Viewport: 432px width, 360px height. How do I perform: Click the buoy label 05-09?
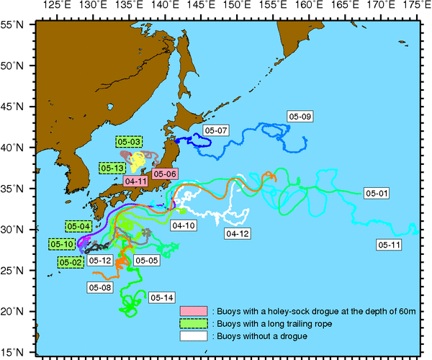click(x=300, y=116)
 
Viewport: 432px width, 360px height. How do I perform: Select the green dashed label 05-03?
click(x=128, y=142)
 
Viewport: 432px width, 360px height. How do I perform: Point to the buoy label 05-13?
click(x=113, y=168)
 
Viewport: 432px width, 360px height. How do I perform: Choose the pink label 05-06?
click(x=165, y=174)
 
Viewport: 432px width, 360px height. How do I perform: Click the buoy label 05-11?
click(x=390, y=245)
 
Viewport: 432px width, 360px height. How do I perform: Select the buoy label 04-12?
click(x=238, y=234)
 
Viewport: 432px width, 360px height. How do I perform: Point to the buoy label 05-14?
click(x=163, y=297)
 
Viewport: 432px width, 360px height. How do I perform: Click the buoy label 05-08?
click(x=100, y=287)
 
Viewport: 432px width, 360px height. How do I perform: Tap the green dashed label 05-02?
click(x=71, y=262)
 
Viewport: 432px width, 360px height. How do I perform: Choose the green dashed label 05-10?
click(x=63, y=244)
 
